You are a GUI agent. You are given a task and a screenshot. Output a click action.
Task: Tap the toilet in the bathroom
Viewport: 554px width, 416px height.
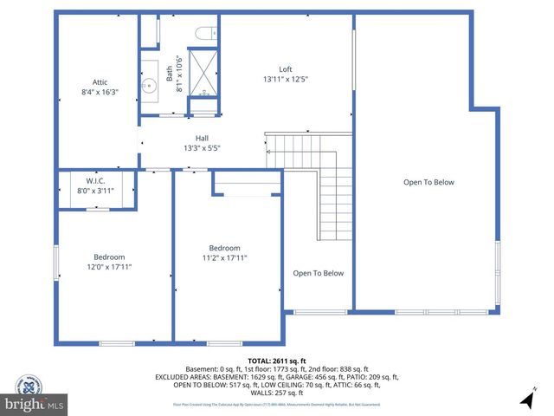[205, 34]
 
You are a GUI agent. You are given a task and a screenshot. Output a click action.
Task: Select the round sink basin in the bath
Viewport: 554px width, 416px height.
[150, 84]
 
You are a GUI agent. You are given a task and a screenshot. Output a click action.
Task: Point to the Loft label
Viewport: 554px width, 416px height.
[286, 69]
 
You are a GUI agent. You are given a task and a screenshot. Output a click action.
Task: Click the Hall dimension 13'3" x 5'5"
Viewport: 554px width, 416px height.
[202, 148]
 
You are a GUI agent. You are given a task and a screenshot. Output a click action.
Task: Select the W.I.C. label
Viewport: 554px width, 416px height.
[95, 181]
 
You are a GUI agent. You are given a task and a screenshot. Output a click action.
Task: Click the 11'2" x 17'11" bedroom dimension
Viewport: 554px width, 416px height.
[225, 257]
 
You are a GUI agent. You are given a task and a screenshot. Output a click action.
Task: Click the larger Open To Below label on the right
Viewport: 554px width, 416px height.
[428, 182]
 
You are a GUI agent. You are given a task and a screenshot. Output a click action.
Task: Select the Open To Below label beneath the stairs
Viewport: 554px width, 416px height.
[318, 273]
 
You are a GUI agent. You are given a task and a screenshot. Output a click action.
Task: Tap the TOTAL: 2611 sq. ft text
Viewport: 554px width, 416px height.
[277, 361]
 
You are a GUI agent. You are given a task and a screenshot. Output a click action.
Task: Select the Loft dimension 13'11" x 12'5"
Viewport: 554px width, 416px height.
[286, 79]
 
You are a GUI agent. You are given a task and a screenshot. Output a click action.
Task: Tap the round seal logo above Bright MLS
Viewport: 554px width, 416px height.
[31, 386]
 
